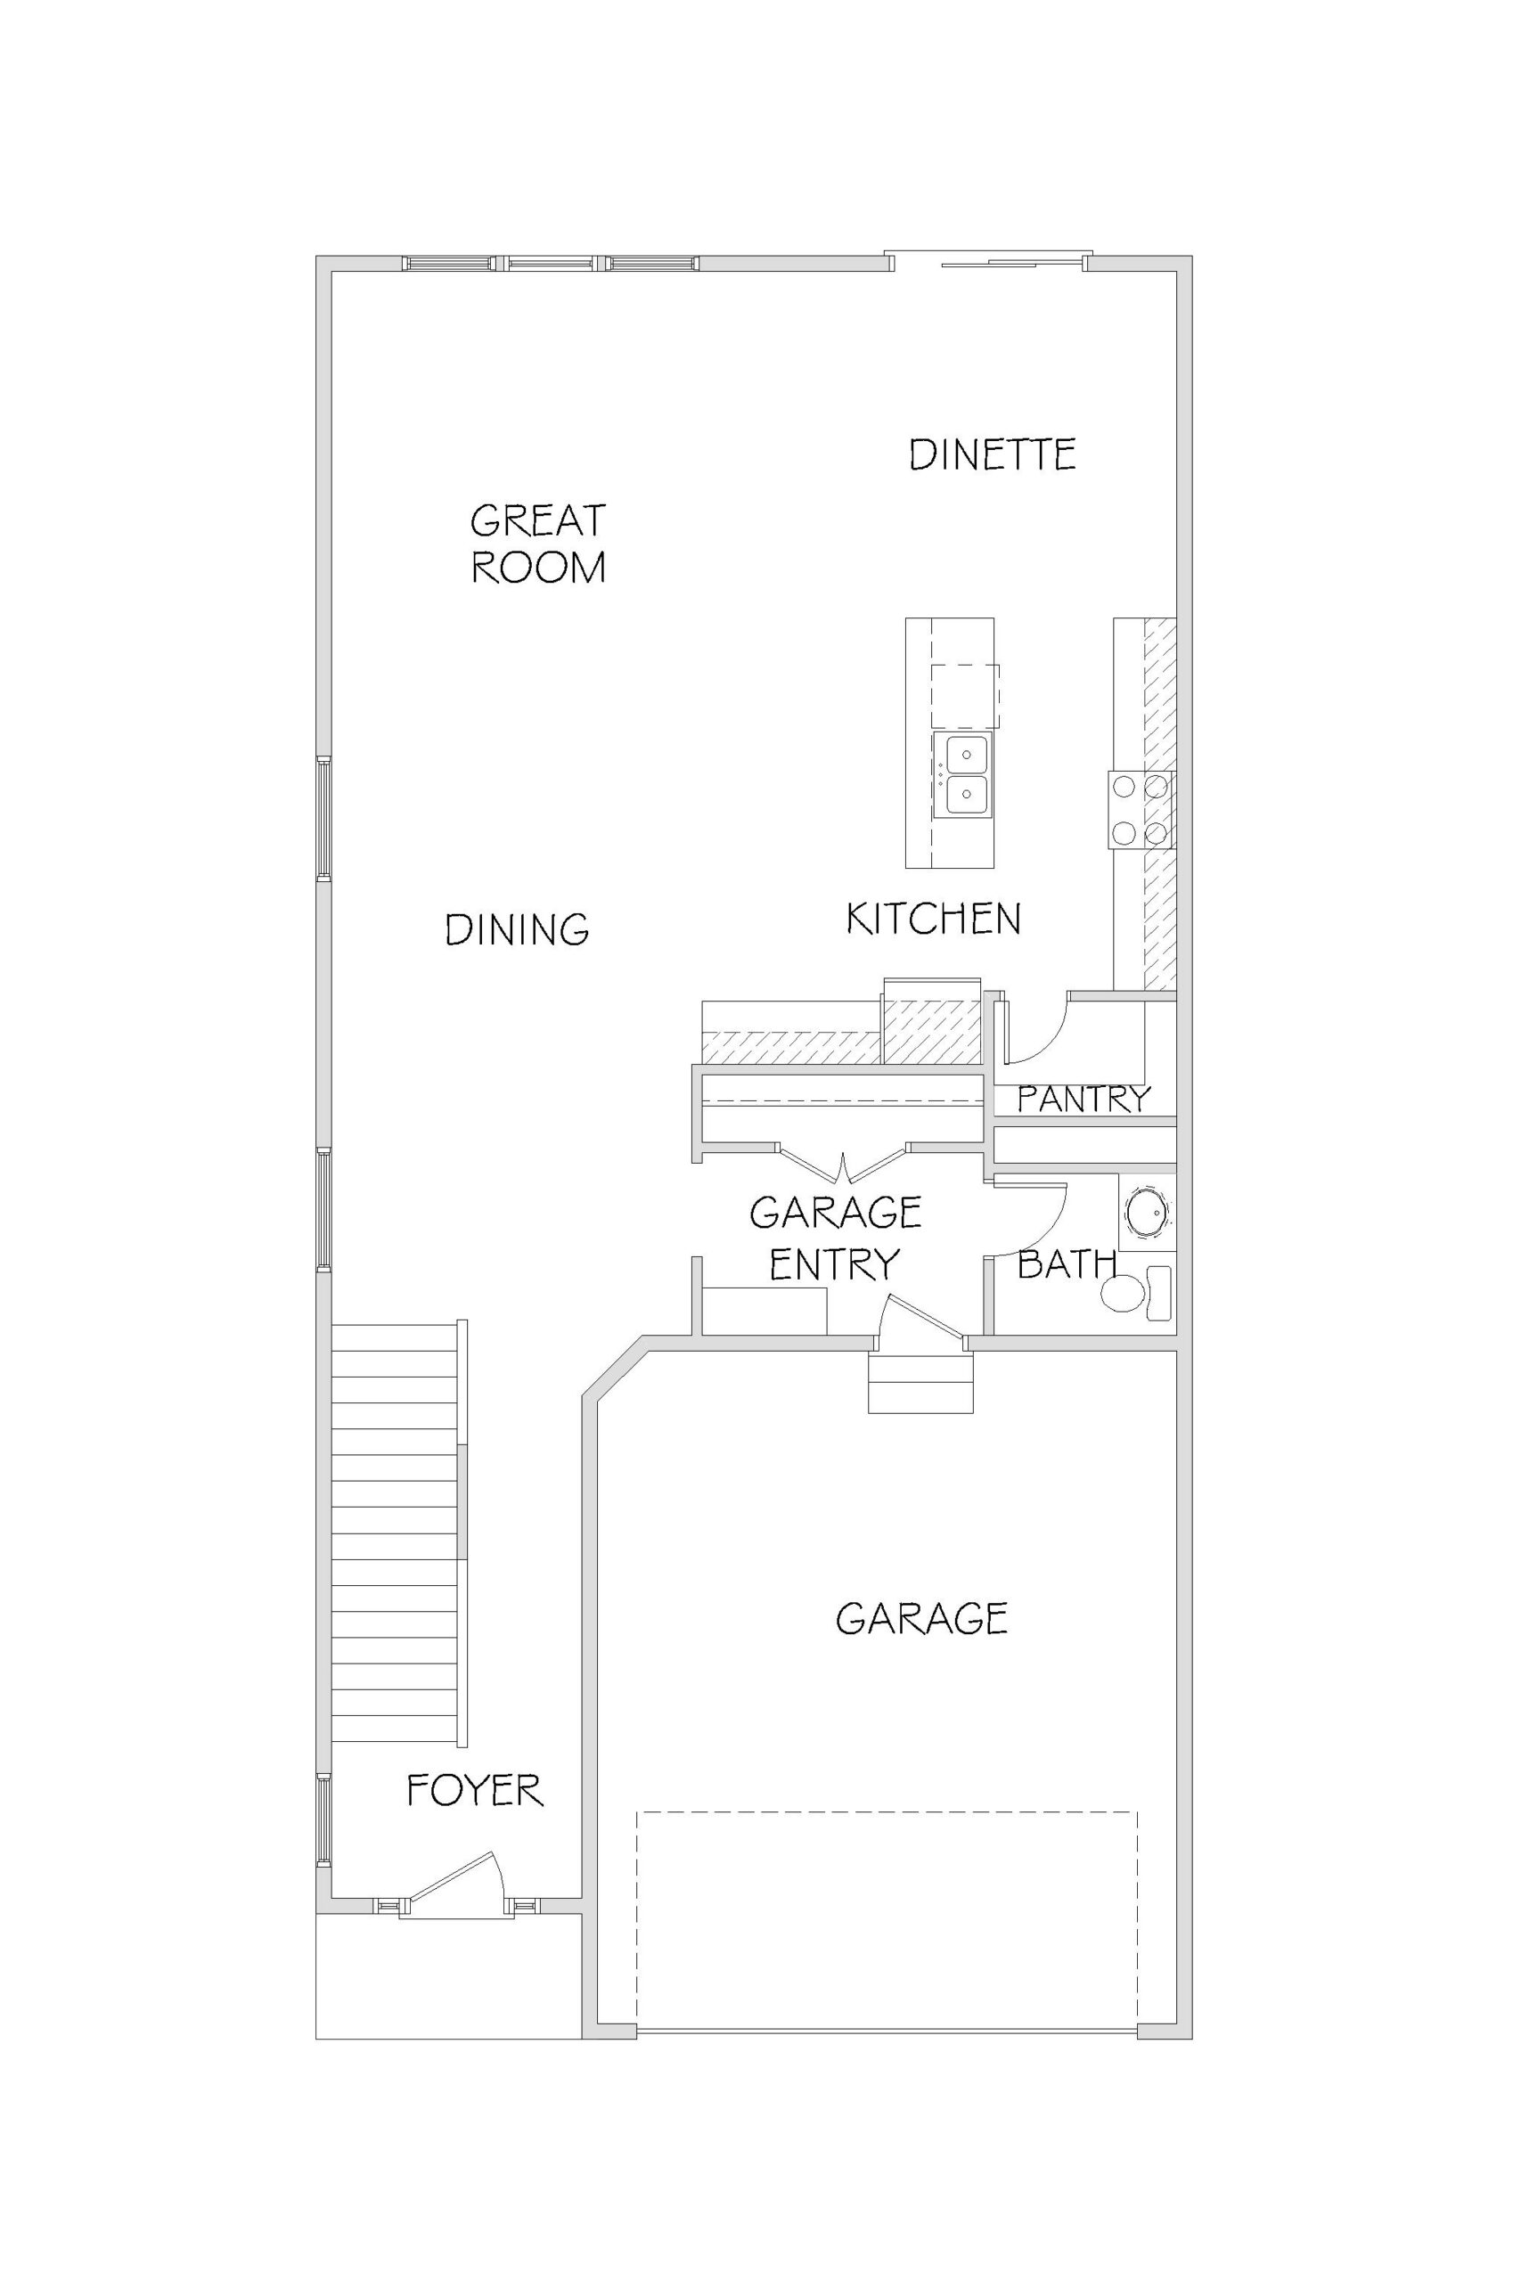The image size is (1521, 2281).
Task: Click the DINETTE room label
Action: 993,454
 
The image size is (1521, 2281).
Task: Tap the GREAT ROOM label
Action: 538,544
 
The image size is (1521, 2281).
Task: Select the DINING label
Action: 517,930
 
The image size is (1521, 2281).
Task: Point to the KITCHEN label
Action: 933,919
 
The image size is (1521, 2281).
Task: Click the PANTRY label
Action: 1084,1099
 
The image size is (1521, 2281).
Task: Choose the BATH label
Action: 1067,1263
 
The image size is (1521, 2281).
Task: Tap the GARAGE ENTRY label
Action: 835,1238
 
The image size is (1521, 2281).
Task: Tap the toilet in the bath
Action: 1138,1293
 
